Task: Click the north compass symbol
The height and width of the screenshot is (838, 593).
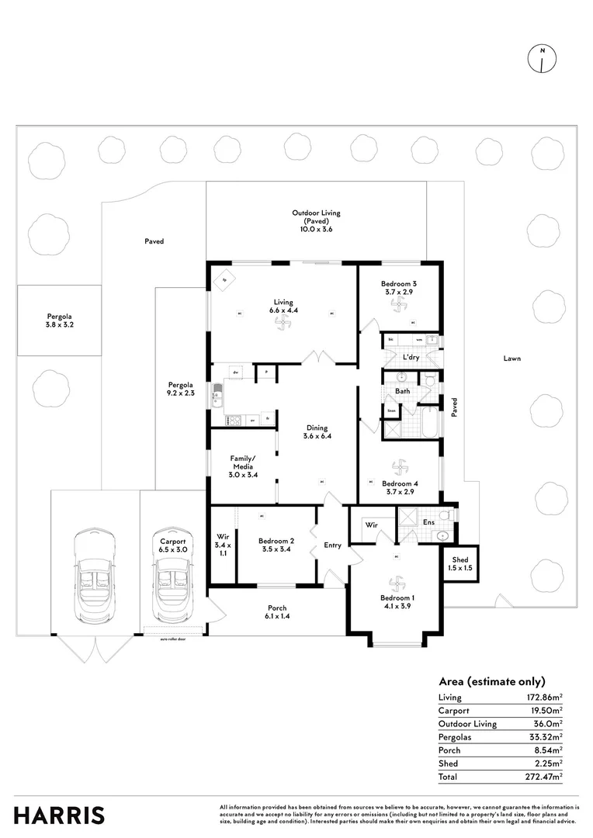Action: tap(541, 59)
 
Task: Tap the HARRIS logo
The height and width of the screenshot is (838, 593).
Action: tap(59, 815)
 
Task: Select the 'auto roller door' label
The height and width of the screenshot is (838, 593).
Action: tap(172, 639)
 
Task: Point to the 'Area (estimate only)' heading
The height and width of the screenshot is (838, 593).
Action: tap(492, 681)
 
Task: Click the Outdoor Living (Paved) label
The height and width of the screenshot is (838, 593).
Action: tap(316, 220)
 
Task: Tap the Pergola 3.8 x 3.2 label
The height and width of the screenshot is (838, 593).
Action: tap(59, 321)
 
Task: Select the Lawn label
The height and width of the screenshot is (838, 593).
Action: tap(512, 358)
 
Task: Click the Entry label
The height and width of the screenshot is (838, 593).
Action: tap(332, 545)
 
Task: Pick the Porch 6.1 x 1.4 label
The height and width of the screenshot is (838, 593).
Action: tap(277, 612)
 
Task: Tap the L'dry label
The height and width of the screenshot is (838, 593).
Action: tap(411, 357)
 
